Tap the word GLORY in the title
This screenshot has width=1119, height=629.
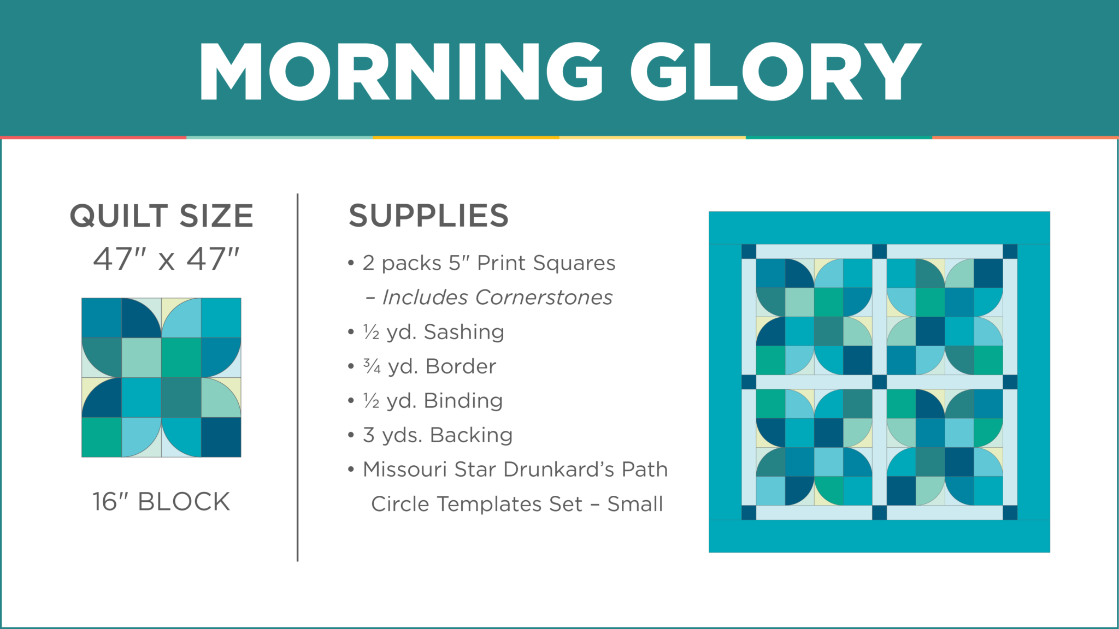tap(776, 72)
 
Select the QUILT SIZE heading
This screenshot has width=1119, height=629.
tap(162, 216)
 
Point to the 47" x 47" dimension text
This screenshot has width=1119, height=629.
tap(166, 259)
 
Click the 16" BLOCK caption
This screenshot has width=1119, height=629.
tap(161, 502)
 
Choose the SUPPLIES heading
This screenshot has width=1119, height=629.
tap(429, 216)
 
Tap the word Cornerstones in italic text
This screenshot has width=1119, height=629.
tap(544, 298)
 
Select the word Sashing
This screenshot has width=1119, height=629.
tap(464, 332)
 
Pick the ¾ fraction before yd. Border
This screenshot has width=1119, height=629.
tap(372, 366)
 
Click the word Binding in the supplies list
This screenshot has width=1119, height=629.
tap(463, 401)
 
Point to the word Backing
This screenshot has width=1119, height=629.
tap(471, 435)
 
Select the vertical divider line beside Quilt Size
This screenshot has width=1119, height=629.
tap(298, 377)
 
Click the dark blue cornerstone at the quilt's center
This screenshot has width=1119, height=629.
tap(879, 382)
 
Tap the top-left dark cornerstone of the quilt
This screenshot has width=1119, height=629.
tap(749, 252)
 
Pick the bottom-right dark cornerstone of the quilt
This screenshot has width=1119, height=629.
tap(1010, 513)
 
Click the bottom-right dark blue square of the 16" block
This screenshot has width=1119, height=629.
tap(221, 437)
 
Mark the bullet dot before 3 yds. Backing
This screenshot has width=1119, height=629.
tap(351, 436)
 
